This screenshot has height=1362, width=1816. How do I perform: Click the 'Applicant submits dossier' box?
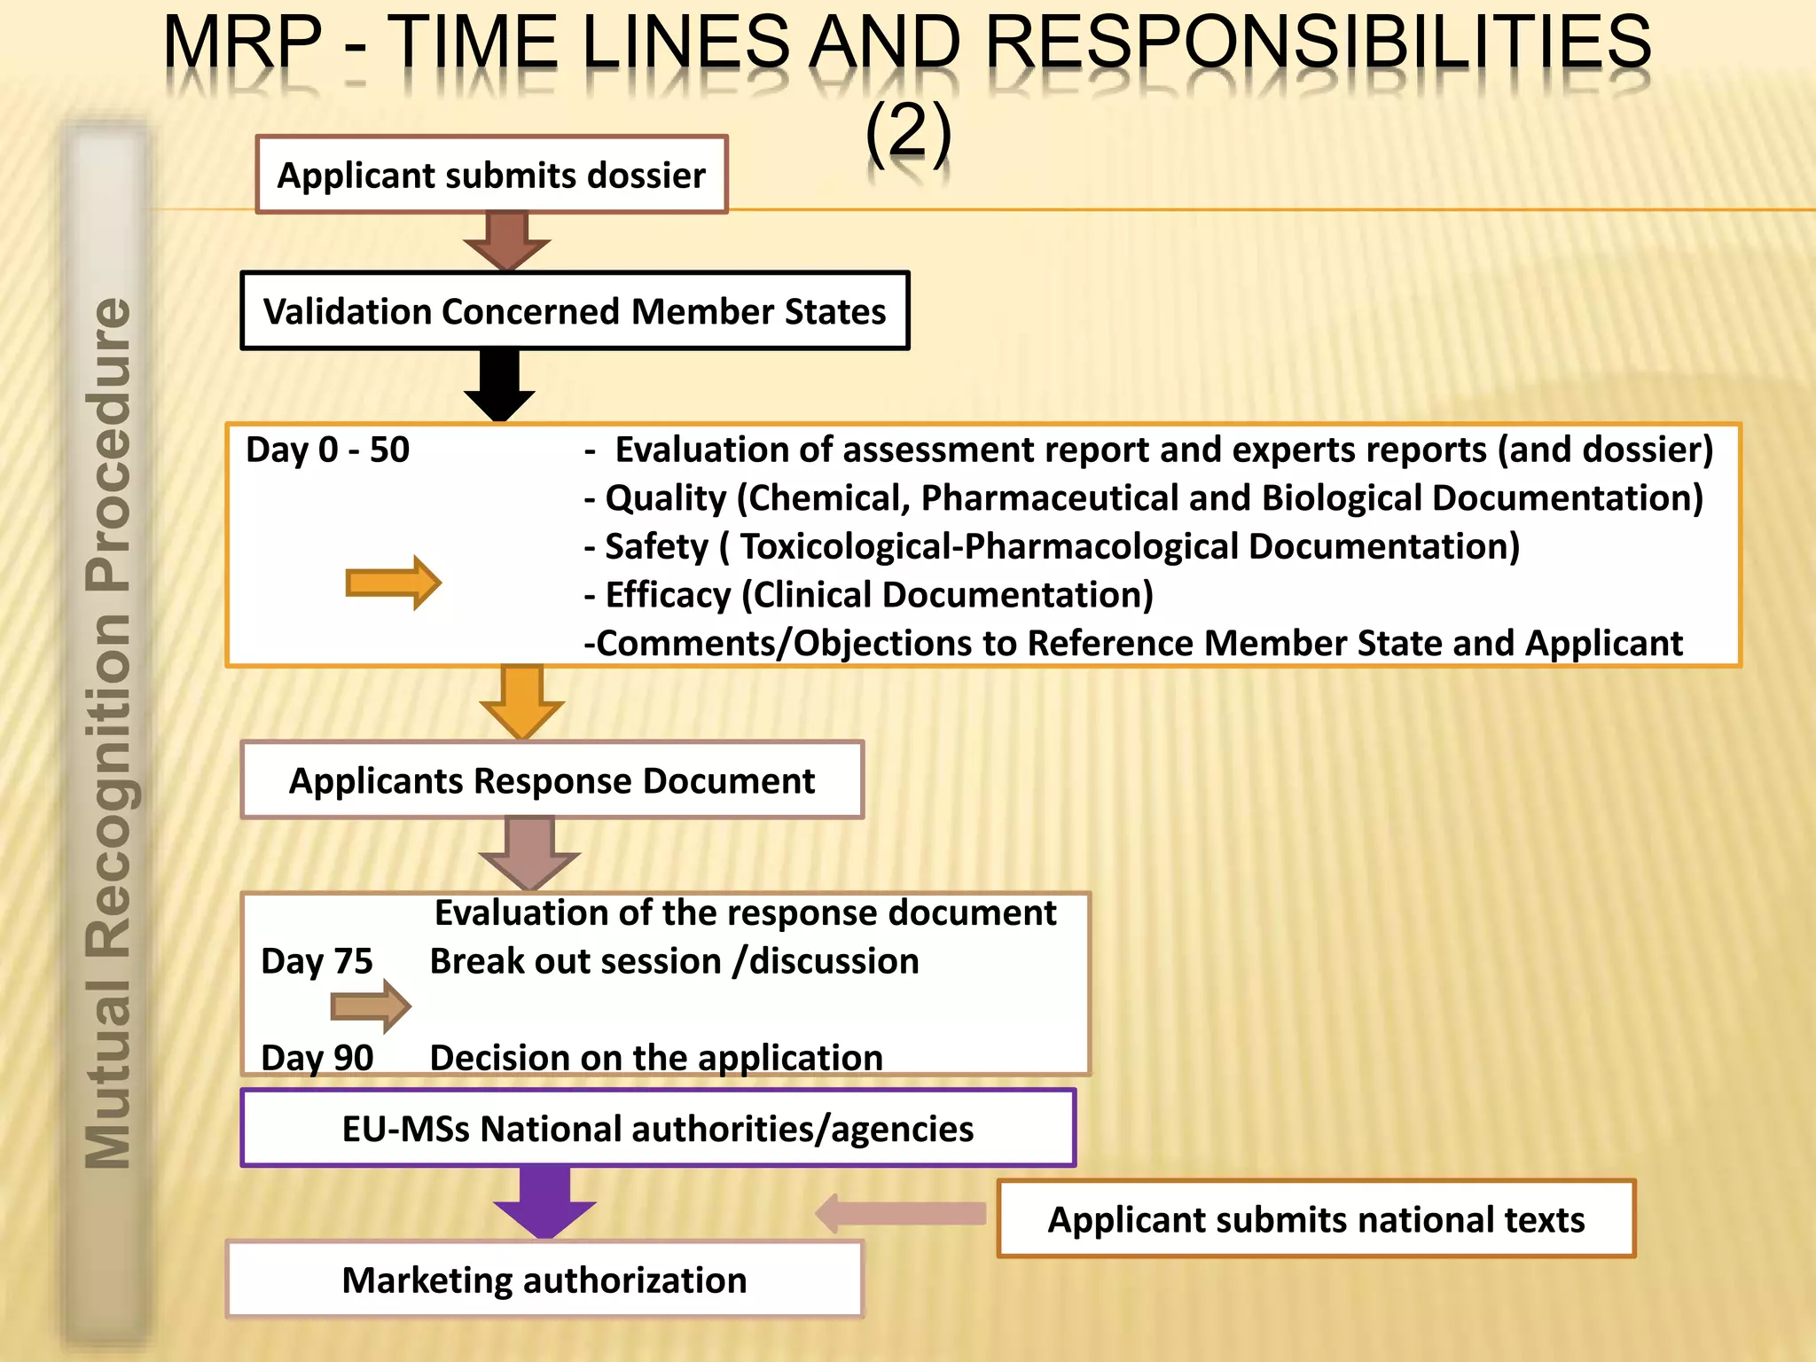[491, 175]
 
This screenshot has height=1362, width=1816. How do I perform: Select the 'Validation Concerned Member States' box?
[575, 311]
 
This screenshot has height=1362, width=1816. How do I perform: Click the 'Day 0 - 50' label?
[327, 450]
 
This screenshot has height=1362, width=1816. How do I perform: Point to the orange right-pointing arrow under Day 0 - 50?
[393, 583]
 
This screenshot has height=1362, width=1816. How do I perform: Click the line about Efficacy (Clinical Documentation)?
[869, 595]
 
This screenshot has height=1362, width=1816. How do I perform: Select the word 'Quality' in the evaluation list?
[665, 498]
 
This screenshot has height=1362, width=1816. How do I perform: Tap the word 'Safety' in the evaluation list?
[656, 546]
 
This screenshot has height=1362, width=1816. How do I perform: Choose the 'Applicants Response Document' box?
[552, 780]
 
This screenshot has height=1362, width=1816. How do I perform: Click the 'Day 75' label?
[317, 961]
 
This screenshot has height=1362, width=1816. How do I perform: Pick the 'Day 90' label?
[317, 1057]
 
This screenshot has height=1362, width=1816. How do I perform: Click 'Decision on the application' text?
[656, 1057]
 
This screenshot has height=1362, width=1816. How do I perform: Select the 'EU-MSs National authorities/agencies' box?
[658, 1128]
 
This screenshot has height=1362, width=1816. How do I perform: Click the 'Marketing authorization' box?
[544, 1280]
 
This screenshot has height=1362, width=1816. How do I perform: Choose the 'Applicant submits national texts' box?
[1316, 1219]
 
